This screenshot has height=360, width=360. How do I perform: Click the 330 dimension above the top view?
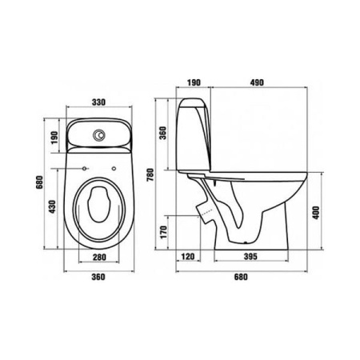(x=98, y=102)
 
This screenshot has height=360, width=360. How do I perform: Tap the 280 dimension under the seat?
(x=99, y=257)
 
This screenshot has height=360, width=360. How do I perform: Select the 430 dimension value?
(x=53, y=206)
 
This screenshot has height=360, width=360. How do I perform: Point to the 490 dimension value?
(x=257, y=82)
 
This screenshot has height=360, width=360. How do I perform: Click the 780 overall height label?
(x=150, y=174)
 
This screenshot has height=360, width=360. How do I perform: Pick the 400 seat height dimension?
(x=316, y=213)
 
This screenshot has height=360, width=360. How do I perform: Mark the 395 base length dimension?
(x=250, y=256)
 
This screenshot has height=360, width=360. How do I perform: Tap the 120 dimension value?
(x=188, y=257)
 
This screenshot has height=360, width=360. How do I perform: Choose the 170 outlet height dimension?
(x=163, y=232)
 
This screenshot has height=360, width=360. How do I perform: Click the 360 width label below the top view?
(x=98, y=277)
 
